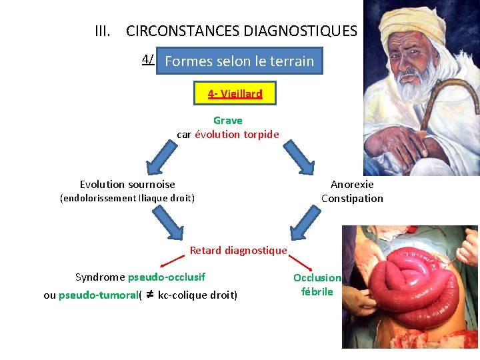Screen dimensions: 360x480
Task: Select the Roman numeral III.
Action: tap(103, 31)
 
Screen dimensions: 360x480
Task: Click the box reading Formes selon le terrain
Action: tap(239, 61)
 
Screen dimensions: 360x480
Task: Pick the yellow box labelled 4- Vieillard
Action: tap(235, 94)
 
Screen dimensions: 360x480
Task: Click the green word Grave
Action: tap(228, 121)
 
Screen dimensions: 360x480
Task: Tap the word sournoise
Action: tap(151, 185)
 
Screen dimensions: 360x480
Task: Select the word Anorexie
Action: tap(352, 185)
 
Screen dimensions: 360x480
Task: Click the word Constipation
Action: tap(352, 198)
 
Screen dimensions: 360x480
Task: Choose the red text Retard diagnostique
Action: tap(238, 251)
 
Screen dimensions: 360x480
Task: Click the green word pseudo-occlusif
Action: tap(167, 277)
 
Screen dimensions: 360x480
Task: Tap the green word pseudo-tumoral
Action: tap(97, 295)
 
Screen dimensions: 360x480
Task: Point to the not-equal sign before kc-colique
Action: tap(150, 294)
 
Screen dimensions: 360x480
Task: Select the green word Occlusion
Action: tap(317, 278)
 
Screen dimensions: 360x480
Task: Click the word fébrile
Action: tap(317, 292)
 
